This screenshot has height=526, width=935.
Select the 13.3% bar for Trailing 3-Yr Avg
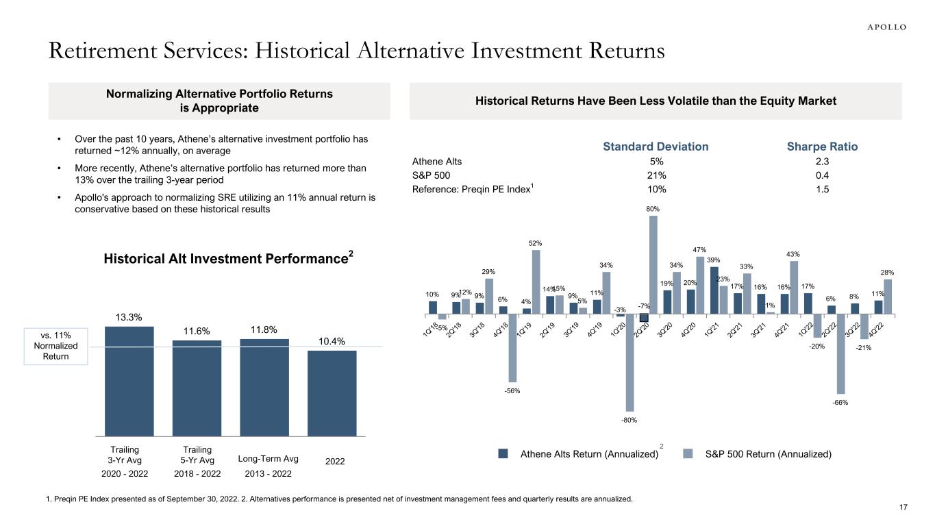129,380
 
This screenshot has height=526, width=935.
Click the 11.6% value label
197,331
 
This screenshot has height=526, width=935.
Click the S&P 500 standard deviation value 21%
656,175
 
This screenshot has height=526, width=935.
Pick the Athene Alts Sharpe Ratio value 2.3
823,162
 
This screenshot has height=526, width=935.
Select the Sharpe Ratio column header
823,147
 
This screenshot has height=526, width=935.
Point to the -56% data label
512,391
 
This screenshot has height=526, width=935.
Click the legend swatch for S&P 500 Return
689,453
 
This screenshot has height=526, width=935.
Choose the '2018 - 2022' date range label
197,474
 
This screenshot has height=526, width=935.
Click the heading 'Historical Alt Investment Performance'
228,259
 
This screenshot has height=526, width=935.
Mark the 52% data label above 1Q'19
536,243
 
